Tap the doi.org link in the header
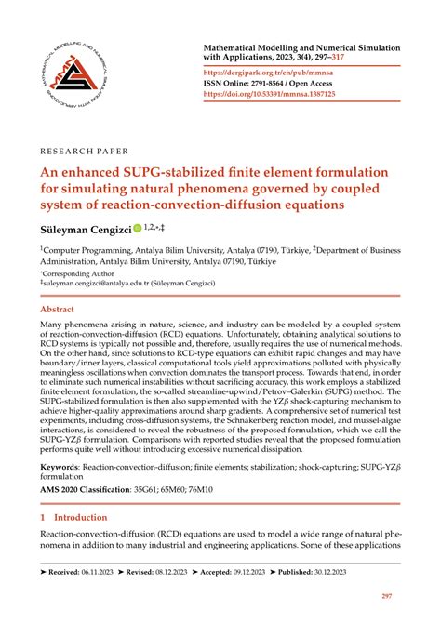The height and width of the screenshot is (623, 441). click(282, 94)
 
